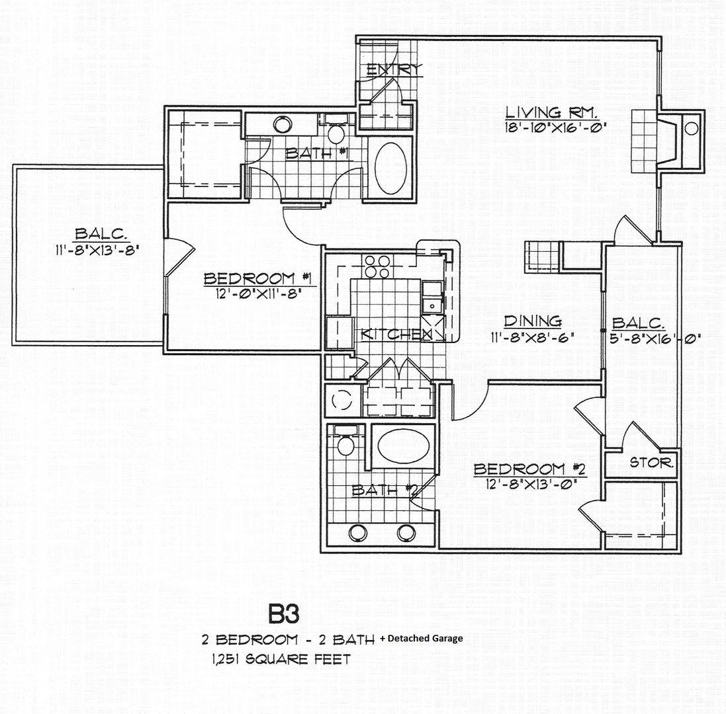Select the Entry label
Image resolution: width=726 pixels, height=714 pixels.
[x=394, y=70]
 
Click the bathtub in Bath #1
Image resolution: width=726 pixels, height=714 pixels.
[x=390, y=168]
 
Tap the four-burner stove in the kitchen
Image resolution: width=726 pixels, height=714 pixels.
[x=377, y=266]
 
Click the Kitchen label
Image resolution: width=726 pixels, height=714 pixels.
[x=396, y=334]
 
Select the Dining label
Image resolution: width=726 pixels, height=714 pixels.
[x=533, y=321]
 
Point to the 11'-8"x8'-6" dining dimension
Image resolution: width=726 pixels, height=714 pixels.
[x=533, y=338]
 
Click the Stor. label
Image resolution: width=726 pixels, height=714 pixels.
[x=651, y=462]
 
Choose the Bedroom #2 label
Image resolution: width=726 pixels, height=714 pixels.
[x=529, y=469]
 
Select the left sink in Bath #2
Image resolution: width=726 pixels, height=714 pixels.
[x=358, y=534]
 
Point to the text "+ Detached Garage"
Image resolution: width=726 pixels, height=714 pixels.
[x=421, y=639]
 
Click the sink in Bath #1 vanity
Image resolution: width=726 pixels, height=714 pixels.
[x=283, y=124]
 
